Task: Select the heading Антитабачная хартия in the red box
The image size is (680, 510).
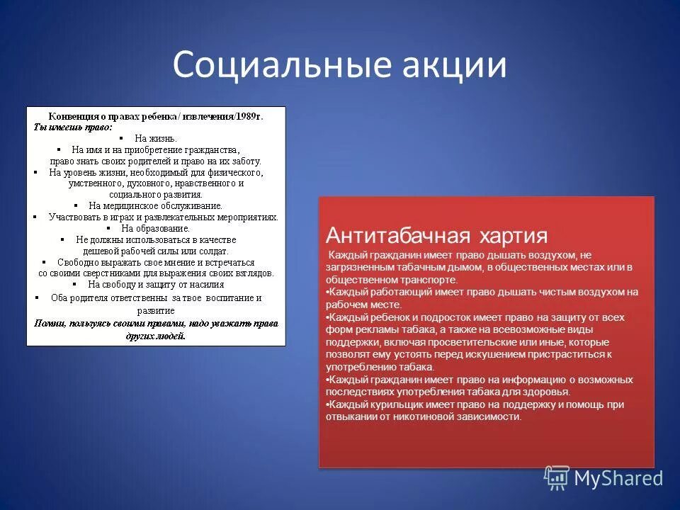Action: coord(436,235)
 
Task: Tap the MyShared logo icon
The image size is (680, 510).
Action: coord(557,478)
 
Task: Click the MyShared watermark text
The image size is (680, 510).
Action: coord(618,478)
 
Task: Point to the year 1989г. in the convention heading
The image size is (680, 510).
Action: coord(247,116)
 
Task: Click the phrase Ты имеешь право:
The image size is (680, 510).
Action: coord(73,127)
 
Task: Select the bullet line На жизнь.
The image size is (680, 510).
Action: coord(156,139)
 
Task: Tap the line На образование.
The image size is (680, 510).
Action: coord(155,228)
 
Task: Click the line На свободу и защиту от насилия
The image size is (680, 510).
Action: coord(155,284)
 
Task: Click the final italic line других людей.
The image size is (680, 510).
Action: coord(155,336)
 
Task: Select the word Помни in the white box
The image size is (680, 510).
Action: coord(50,324)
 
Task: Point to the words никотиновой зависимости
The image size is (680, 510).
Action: coord(460,417)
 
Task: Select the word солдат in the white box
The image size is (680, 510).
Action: coord(213,251)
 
